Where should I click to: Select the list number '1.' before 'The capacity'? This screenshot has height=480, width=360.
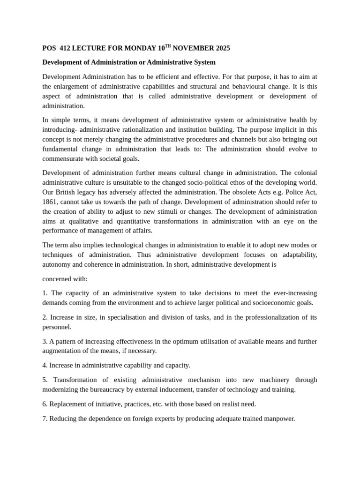(x=45, y=293)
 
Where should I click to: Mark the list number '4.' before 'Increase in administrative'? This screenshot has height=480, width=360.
(x=45, y=365)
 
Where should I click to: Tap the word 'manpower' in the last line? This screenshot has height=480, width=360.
(x=279, y=418)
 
